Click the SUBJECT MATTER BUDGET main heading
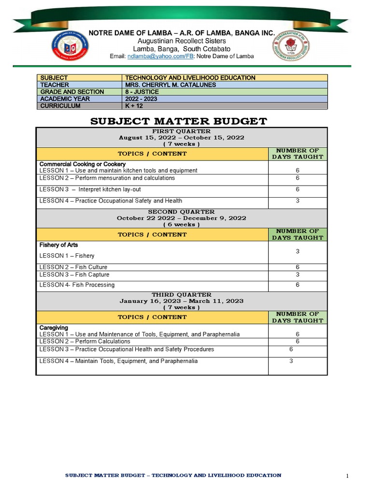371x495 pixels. click(179, 121)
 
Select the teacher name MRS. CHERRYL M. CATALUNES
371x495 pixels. click(171, 85)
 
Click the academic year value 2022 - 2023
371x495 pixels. click(141, 99)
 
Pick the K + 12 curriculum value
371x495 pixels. click(135, 106)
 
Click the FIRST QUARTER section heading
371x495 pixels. click(181, 131)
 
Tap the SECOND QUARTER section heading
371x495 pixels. click(181, 212)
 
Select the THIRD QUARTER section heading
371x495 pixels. click(181, 294)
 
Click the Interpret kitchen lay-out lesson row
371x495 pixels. click(107, 189)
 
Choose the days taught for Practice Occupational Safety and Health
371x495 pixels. click(298, 201)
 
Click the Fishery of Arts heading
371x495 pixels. click(58, 245)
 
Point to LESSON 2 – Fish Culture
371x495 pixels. click(73, 267)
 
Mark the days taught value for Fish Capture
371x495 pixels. click(298, 275)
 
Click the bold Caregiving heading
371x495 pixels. click(54, 328)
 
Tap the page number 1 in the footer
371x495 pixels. click(347, 477)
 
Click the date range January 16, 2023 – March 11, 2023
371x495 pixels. click(181, 301)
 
